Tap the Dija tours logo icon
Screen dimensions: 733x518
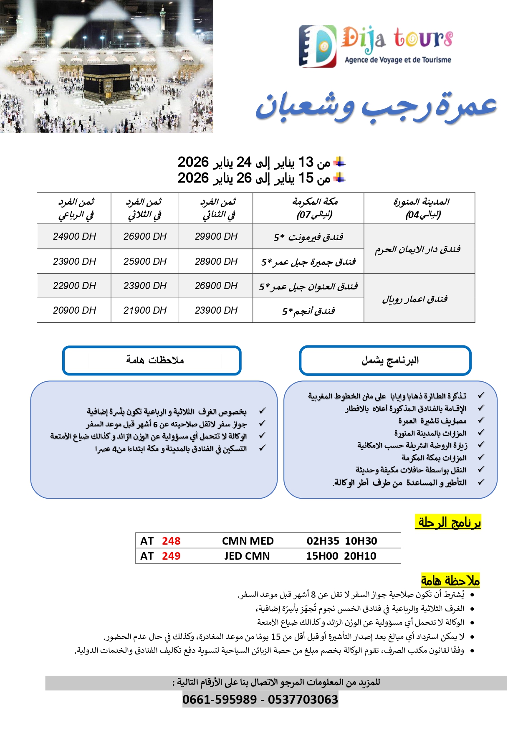coord(317,46)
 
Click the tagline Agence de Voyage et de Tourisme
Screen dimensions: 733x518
coord(397,60)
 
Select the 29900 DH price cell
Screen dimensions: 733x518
coord(216,236)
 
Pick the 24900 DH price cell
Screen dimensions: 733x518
coord(74,236)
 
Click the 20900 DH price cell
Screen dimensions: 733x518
coord(74,310)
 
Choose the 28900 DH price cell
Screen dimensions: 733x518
coord(216,261)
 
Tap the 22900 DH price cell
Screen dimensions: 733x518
coord(74,286)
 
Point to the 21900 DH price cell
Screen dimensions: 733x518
coord(145,310)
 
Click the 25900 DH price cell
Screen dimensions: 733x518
coord(145,261)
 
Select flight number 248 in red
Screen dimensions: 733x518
coord(171,541)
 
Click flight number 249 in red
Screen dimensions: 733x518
coord(171,556)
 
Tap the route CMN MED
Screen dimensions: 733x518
coord(248,541)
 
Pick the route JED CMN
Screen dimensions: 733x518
coord(247,556)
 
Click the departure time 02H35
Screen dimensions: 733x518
coord(323,541)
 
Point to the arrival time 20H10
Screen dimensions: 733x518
coord(360,556)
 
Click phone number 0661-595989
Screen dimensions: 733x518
coord(220,700)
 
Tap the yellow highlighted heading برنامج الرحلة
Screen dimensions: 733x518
coord(449,522)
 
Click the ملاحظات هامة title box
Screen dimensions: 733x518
coord(152,360)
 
